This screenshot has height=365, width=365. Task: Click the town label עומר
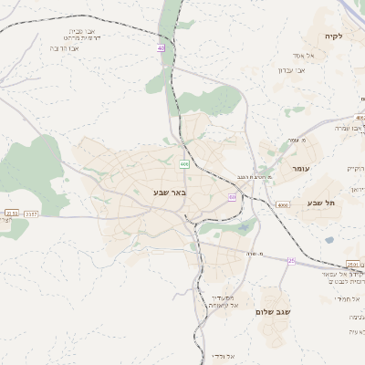pyautogui.click(x=301, y=169)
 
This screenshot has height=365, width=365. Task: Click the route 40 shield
pyautogui.click(x=162, y=47)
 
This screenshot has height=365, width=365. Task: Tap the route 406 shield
pyautogui.click(x=184, y=164)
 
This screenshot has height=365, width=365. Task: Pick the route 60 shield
pyautogui.click(x=233, y=197)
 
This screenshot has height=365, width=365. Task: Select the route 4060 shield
pyautogui.click(x=282, y=205)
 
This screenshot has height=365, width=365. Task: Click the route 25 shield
pyautogui.click(x=291, y=261)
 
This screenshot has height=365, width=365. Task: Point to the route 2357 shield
pyautogui.click(x=31, y=214)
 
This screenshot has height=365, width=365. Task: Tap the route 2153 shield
pyautogui.click(x=11, y=214)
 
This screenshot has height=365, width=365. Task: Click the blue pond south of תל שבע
pyautogui.click(x=328, y=240)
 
